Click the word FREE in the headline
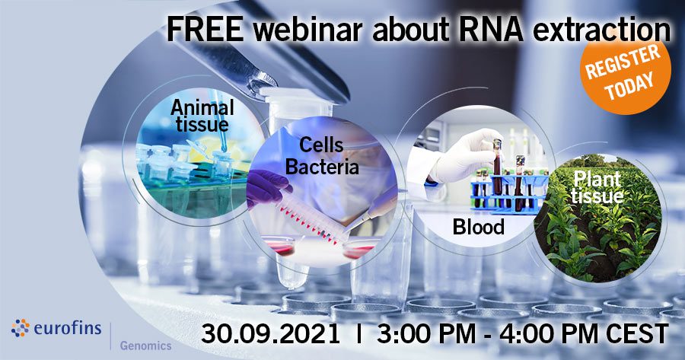tap(205, 30)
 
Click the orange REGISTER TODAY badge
tap(625, 74)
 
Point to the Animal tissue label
tap(202, 116)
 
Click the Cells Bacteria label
tap(323, 156)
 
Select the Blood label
tap(479, 227)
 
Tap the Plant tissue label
tap(597, 187)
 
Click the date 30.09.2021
tap(270, 334)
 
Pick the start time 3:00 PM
tap(426, 334)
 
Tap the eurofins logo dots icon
tap(21, 328)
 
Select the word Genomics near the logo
tap(145, 346)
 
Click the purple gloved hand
tap(267, 186)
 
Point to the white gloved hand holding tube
tap(465, 156)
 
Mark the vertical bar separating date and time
tap(359, 334)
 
